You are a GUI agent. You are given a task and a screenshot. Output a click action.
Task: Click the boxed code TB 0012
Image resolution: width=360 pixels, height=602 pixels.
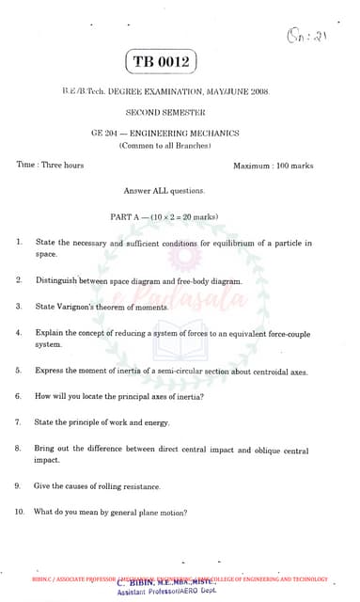[x=163, y=62]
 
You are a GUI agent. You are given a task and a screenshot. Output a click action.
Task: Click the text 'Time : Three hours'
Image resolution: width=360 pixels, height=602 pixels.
[x=51, y=166]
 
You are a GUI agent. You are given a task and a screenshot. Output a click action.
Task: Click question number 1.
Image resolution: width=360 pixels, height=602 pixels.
[x=20, y=243]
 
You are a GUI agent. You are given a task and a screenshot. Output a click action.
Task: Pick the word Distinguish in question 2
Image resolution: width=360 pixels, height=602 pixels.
[x=59, y=281]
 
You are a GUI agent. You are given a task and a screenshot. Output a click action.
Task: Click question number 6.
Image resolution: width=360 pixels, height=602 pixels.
[x=19, y=396]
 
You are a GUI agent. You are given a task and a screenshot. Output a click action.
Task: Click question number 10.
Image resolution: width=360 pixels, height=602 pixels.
[x=20, y=513]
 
